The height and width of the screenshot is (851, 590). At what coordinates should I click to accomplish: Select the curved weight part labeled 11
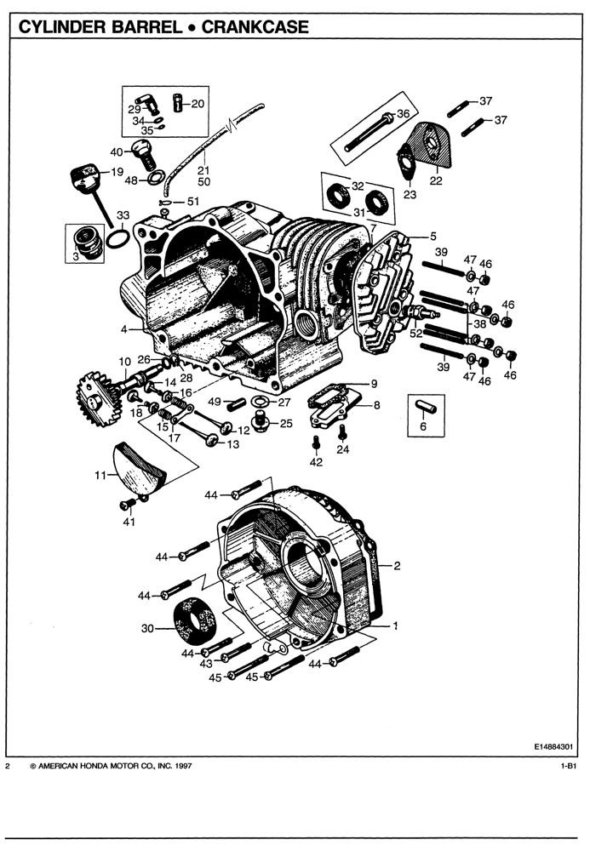[x=141, y=468]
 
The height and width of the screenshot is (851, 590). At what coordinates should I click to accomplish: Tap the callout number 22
[x=436, y=180]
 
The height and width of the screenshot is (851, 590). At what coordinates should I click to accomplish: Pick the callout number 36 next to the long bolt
[x=403, y=114]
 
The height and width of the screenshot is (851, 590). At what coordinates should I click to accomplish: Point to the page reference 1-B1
[x=569, y=767]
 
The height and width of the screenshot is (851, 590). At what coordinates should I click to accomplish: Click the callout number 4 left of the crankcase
[x=124, y=329]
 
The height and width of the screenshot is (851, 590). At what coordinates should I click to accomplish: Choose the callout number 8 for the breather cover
[x=376, y=406]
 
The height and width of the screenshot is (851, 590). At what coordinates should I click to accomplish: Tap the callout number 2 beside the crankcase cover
[x=396, y=565]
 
